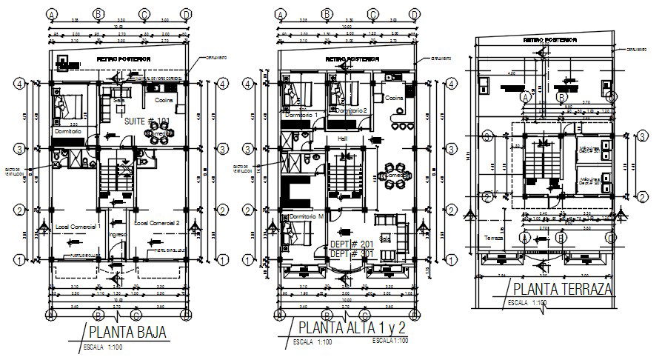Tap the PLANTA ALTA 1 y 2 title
[352, 327]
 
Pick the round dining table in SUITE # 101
[158, 136]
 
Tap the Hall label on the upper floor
[341, 138]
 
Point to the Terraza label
[493, 239]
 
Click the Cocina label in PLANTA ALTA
[393, 97]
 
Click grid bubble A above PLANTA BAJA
[52, 14]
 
